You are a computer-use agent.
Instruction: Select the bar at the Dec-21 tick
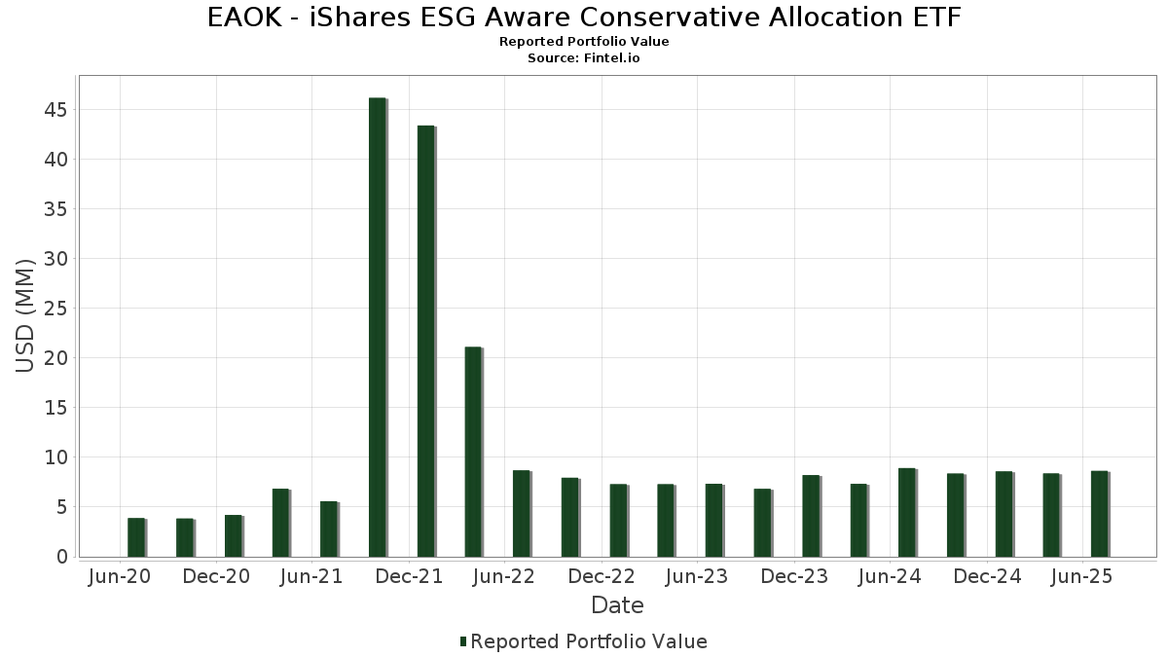[x=425, y=341]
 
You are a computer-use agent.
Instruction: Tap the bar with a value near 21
[x=473, y=452]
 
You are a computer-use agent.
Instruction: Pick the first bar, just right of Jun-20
[x=136, y=537]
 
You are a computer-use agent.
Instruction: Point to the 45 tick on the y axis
[x=55, y=110]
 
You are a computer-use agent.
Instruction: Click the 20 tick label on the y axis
[x=55, y=358]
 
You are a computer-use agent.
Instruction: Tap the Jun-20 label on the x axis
[x=119, y=577]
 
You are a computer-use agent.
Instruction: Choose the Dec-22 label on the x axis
[x=602, y=577]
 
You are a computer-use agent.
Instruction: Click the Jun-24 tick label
[x=891, y=577]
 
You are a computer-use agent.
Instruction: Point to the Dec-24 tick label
[x=987, y=577]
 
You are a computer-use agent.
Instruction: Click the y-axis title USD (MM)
[x=26, y=315]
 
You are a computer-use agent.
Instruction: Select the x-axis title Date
[x=617, y=605]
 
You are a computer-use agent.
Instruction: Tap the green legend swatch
[x=463, y=641]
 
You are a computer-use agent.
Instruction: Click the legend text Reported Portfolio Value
[x=589, y=641]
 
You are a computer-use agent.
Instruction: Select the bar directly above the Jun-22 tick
[x=522, y=513]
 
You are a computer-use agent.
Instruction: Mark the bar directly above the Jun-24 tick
[x=906, y=512]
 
